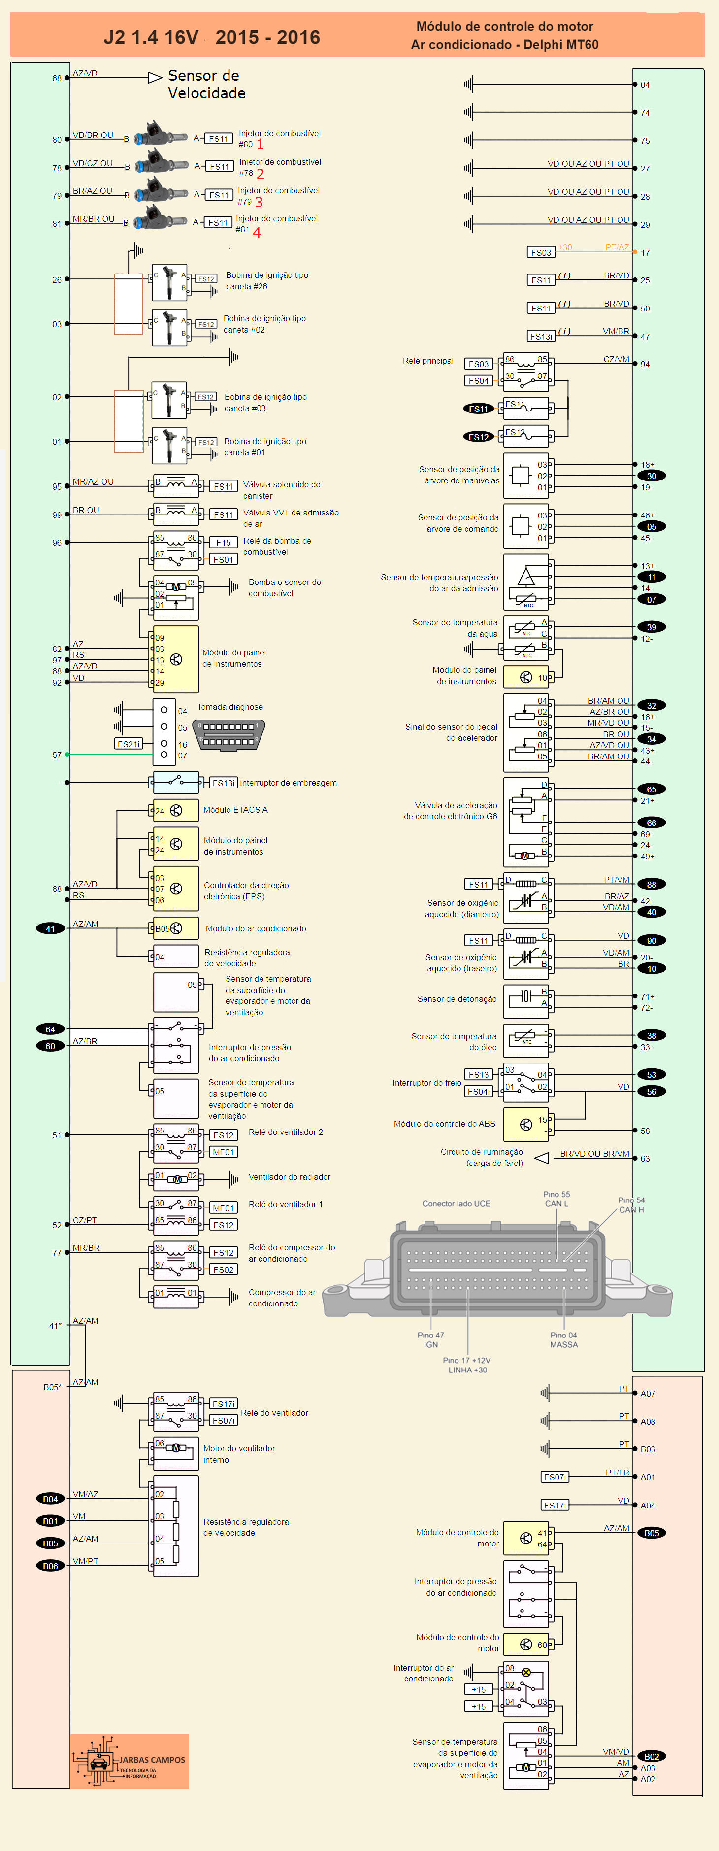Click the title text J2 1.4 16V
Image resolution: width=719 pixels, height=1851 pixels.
(151, 37)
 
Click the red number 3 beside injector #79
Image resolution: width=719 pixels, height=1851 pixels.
(259, 202)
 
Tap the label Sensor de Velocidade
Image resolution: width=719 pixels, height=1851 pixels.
(206, 84)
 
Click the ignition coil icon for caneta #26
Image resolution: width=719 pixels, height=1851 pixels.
(169, 282)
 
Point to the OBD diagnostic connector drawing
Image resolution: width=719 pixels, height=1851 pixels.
(229, 734)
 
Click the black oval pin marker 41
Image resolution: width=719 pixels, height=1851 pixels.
(50, 928)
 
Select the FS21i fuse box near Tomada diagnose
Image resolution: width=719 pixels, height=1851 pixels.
(129, 744)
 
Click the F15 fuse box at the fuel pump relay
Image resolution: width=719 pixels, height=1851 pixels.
(224, 543)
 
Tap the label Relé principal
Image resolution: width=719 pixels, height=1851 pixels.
(428, 361)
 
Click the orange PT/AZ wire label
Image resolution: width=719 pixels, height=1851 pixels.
(617, 248)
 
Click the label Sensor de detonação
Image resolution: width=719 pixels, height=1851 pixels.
(457, 999)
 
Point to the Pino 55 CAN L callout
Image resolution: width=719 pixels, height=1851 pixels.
(556, 1199)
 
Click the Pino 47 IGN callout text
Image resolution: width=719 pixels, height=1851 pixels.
(431, 1339)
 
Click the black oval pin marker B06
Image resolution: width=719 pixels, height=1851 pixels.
(50, 1566)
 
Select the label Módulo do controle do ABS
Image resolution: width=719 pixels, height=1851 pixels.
(445, 1123)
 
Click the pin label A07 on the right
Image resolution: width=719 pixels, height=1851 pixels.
(648, 1393)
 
